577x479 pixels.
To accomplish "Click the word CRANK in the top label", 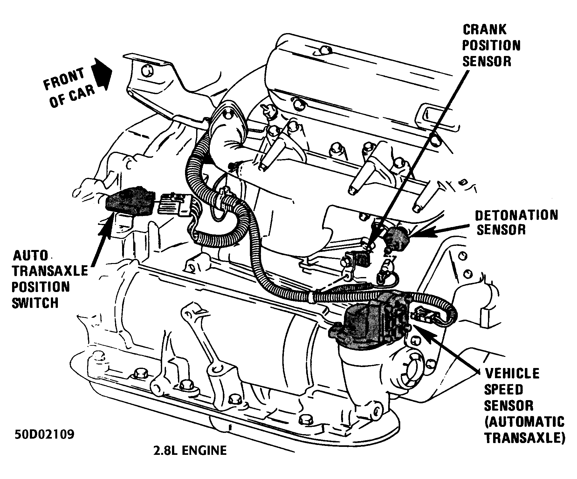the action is click(x=484, y=30).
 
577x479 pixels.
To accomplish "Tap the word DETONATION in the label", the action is click(x=517, y=215).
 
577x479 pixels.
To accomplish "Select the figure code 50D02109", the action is click(x=44, y=435).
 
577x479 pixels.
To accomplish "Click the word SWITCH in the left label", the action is click(x=35, y=303).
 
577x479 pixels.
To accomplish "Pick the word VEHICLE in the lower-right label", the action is click(x=512, y=373).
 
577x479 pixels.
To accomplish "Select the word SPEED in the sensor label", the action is click(x=503, y=389).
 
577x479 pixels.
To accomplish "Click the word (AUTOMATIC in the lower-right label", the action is click(x=524, y=422).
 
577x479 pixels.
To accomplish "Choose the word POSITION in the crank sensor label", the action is click(x=491, y=45).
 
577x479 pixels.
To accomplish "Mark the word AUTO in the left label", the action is click(x=31, y=255).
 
